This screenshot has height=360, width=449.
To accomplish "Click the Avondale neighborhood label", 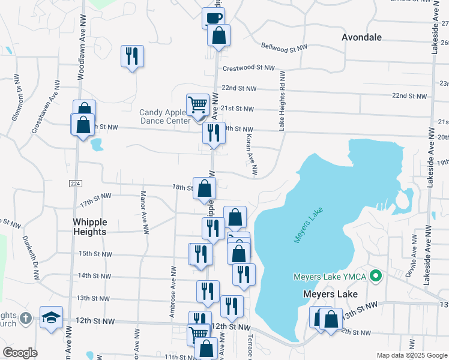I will (x=361, y=37).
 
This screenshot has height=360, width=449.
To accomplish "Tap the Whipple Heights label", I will (x=89, y=227).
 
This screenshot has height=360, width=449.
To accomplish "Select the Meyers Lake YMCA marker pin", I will (x=376, y=277).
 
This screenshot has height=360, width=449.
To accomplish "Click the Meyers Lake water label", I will (x=308, y=226).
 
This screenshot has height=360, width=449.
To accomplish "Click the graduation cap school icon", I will (x=52, y=316).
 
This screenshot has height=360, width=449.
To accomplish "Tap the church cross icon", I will (x=25, y=319).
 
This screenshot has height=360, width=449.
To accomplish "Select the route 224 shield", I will (x=74, y=183).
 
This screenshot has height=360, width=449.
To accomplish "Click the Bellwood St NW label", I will (x=285, y=46).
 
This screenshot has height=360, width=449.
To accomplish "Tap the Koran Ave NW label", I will (x=251, y=155).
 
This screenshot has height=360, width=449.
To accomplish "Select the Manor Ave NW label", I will (x=143, y=212).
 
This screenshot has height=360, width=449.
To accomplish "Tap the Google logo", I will (x=20, y=353).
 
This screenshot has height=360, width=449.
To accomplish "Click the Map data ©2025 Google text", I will (x=411, y=355).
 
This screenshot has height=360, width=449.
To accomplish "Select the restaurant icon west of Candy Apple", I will (x=132, y=56).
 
